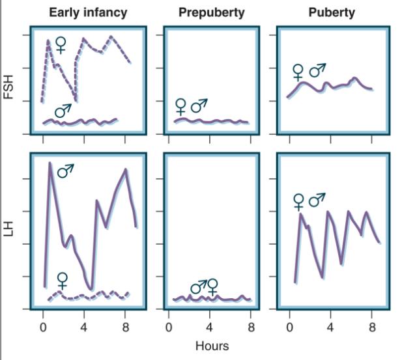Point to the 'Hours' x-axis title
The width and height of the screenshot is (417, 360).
point(212,346)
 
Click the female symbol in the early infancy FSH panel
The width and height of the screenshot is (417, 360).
point(61,45)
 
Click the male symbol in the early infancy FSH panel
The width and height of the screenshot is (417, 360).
point(63,111)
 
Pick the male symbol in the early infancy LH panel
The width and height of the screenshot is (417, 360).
point(66,171)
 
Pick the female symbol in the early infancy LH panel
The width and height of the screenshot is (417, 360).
point(62,281)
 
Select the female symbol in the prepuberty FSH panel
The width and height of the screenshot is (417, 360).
point(180,106)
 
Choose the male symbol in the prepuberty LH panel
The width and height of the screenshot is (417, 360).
point(198,286)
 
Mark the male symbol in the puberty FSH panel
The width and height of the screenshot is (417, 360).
point(317,70)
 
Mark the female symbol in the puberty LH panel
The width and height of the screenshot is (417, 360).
point(299,202)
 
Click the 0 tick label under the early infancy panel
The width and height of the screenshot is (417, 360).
point(43,327)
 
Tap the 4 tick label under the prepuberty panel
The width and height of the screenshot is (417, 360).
point(210,327)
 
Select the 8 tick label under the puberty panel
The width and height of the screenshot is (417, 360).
point(373,327)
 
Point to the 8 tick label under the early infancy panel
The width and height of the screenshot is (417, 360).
point(126,327)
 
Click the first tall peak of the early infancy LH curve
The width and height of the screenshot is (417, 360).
point(50,163)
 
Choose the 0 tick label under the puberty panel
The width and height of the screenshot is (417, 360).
point(289,327)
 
